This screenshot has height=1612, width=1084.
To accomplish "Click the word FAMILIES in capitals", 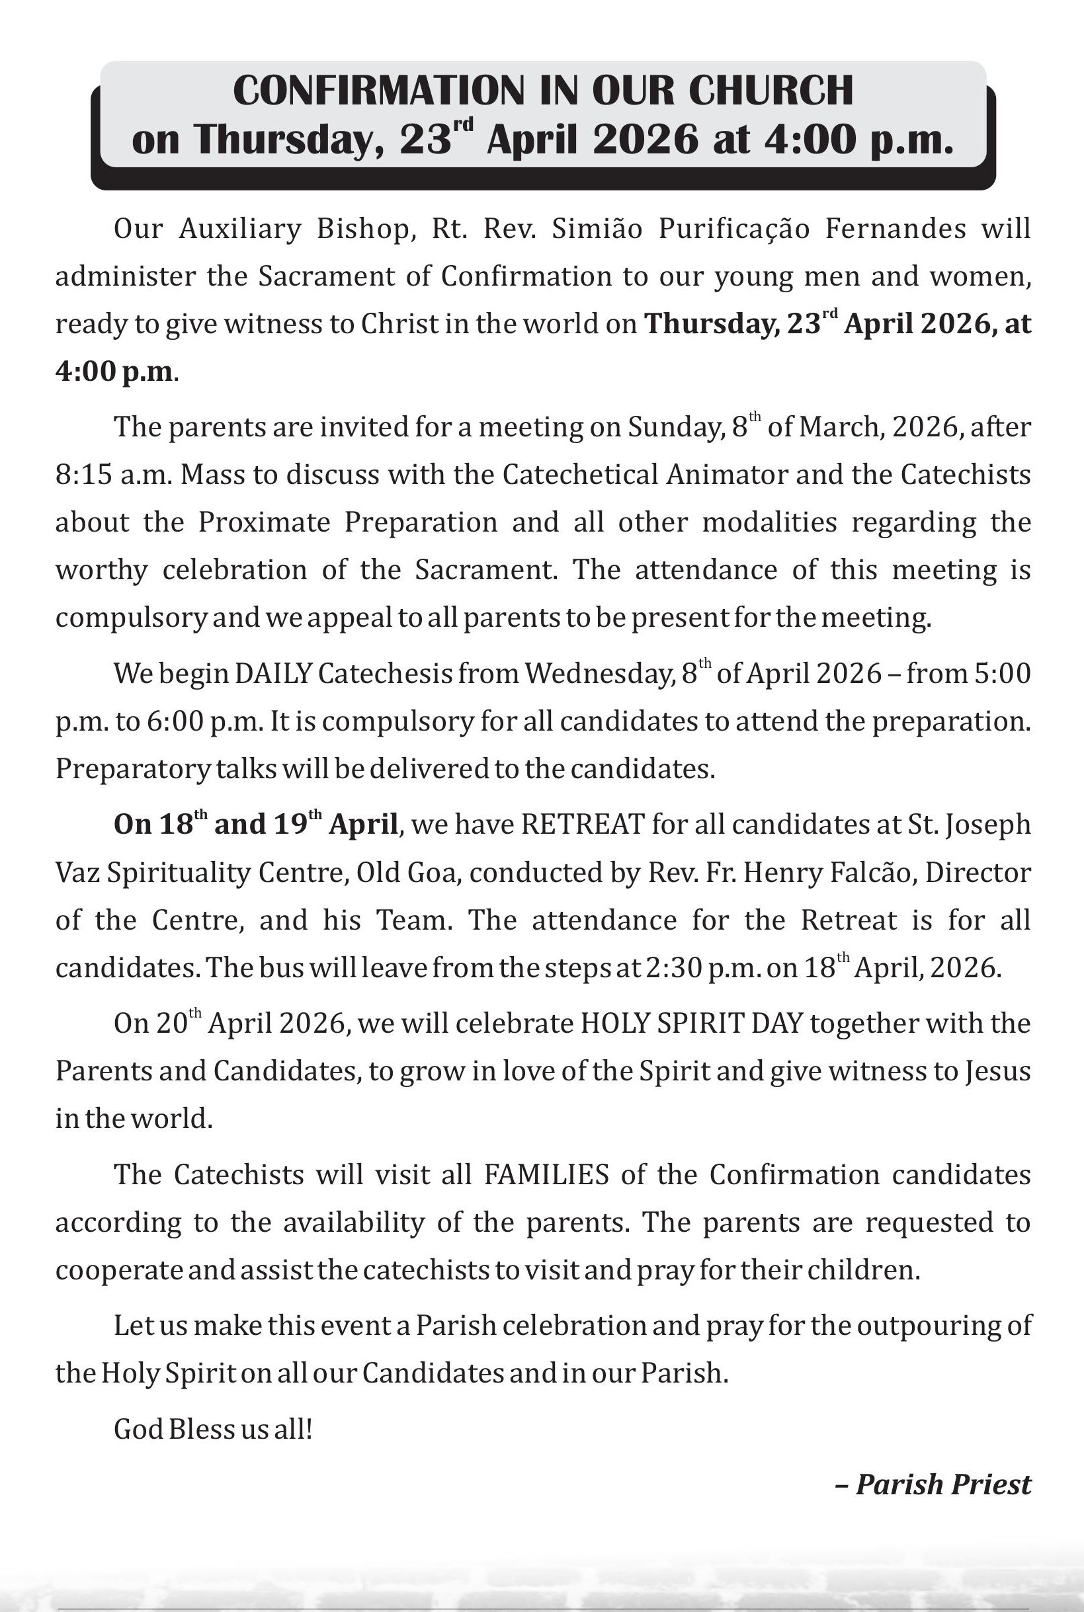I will (x=546, y=1176).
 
